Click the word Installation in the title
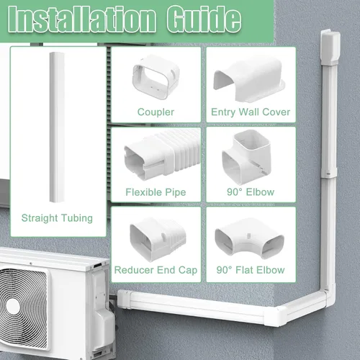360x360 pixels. pyautogui.click(x=82, y=19)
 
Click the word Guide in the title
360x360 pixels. pyautogui.click(x=204, y=19)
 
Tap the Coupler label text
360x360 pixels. pyautogui.click(x=156, y=112)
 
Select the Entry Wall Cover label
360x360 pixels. pyautogui.click(x=251, y=112)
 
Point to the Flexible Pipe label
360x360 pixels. pyautogui.click(x=156, y=192)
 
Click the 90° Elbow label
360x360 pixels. pyautogui.click(x=251, y=192)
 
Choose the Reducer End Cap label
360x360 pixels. pyautogui.click(x=156, y=270)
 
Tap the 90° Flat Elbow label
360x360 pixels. pyautogui.click(x=251, y=270)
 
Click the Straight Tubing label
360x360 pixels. pyautogui.click(x=57, y=218)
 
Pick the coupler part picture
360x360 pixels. pyautogui.click(x=156, y=77)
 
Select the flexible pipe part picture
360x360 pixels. pyautogui.click(x=162, y=155)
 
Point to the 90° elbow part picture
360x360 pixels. pyautogui.click(x=247, y=157)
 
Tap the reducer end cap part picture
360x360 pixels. pyautogui.click(x=158, y=240)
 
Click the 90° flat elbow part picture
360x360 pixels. pyautogui.click(x=250, y=240)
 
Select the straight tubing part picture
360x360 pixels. pyautogui.click(x=57, y=127)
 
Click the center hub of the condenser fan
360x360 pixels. pyautogui.click(x=13, y=307)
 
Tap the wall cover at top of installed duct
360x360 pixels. pyautogui.click(x=330, y=48)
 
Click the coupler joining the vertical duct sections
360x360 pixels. pyautogui.click(x=329, y=173)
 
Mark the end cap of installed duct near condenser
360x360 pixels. pyautogui.click(x=124, y=299)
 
